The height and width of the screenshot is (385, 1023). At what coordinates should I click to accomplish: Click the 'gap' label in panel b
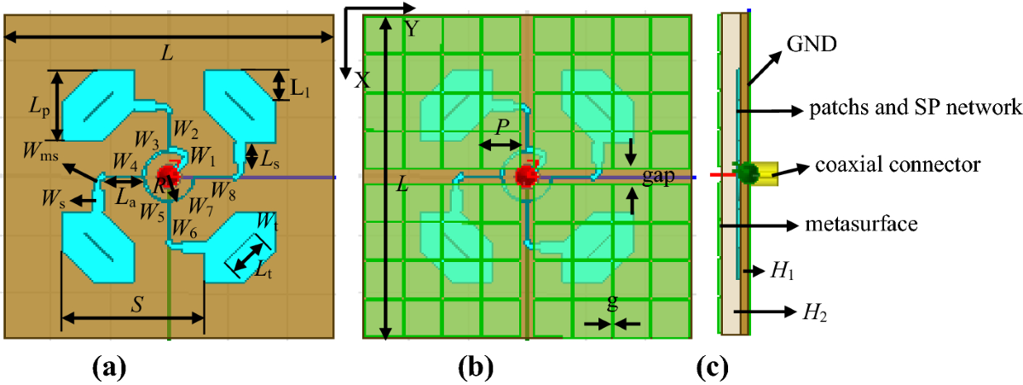click(660, 175)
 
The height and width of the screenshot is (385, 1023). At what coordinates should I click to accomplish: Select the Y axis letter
click(413, 30)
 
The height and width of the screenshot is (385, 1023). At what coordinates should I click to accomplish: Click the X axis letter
click(361, 80)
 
